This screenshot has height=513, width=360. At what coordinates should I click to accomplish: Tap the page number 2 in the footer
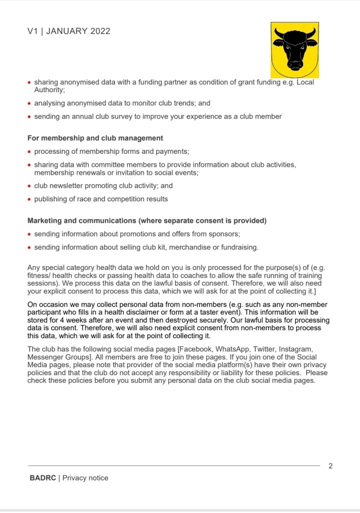[330, 466]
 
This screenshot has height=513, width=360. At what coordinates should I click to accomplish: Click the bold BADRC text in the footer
[43, 478]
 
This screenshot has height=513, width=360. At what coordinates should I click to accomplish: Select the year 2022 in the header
[100, 31]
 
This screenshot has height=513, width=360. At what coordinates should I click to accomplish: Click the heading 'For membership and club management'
[95, 138]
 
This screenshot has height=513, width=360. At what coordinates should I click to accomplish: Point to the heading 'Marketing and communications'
[82, 220]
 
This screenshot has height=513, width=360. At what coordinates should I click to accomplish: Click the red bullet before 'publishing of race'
[30, 199]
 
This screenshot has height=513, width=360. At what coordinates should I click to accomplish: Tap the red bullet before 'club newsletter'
[30, 186]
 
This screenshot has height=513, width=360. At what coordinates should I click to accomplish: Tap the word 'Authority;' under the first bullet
[49, 90]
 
